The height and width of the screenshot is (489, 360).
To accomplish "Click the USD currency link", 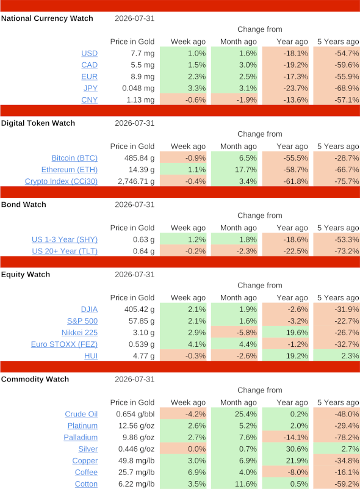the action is click(x=90, y=53).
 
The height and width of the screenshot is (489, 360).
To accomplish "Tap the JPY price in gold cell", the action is click(x=138, y=89).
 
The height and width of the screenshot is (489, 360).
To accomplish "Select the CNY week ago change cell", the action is click(x=183, y=100).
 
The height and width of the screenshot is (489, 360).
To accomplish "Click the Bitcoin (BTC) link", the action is click(x=74, y=158).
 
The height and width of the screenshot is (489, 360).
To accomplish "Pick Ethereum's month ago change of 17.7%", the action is click(x=234, y=170).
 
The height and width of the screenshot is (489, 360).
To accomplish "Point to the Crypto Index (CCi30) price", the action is click(x=136, y=181).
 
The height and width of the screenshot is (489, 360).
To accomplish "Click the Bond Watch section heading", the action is click(x=24, y=205).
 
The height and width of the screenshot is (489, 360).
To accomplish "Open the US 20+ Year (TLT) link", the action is click(x=65, y=251).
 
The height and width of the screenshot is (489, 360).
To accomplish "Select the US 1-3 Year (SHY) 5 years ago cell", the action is click(x=337, y=239).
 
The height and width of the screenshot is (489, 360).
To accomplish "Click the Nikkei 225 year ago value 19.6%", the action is click(x=286, y=333).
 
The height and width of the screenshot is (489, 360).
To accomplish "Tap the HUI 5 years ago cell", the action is click(x=337, y=356).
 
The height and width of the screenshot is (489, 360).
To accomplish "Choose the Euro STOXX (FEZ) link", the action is click(x=64, y=344).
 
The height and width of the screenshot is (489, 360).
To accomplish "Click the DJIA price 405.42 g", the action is click(x=139, y=310).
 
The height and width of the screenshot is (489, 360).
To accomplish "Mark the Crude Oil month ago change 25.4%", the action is click(x=234, y=414).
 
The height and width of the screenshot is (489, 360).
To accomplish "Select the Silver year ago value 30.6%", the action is click(x=286, y=449).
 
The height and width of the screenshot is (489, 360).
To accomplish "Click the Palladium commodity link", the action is click(x=81, y=438).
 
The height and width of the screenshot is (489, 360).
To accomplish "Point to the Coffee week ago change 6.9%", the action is click(x=183, y=473).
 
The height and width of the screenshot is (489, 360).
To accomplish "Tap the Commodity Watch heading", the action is click(x=35, y=379).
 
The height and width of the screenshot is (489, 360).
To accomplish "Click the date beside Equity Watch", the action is click(x=135, y=275).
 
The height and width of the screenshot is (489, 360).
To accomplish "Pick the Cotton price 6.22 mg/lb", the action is click(x=136, y=484).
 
